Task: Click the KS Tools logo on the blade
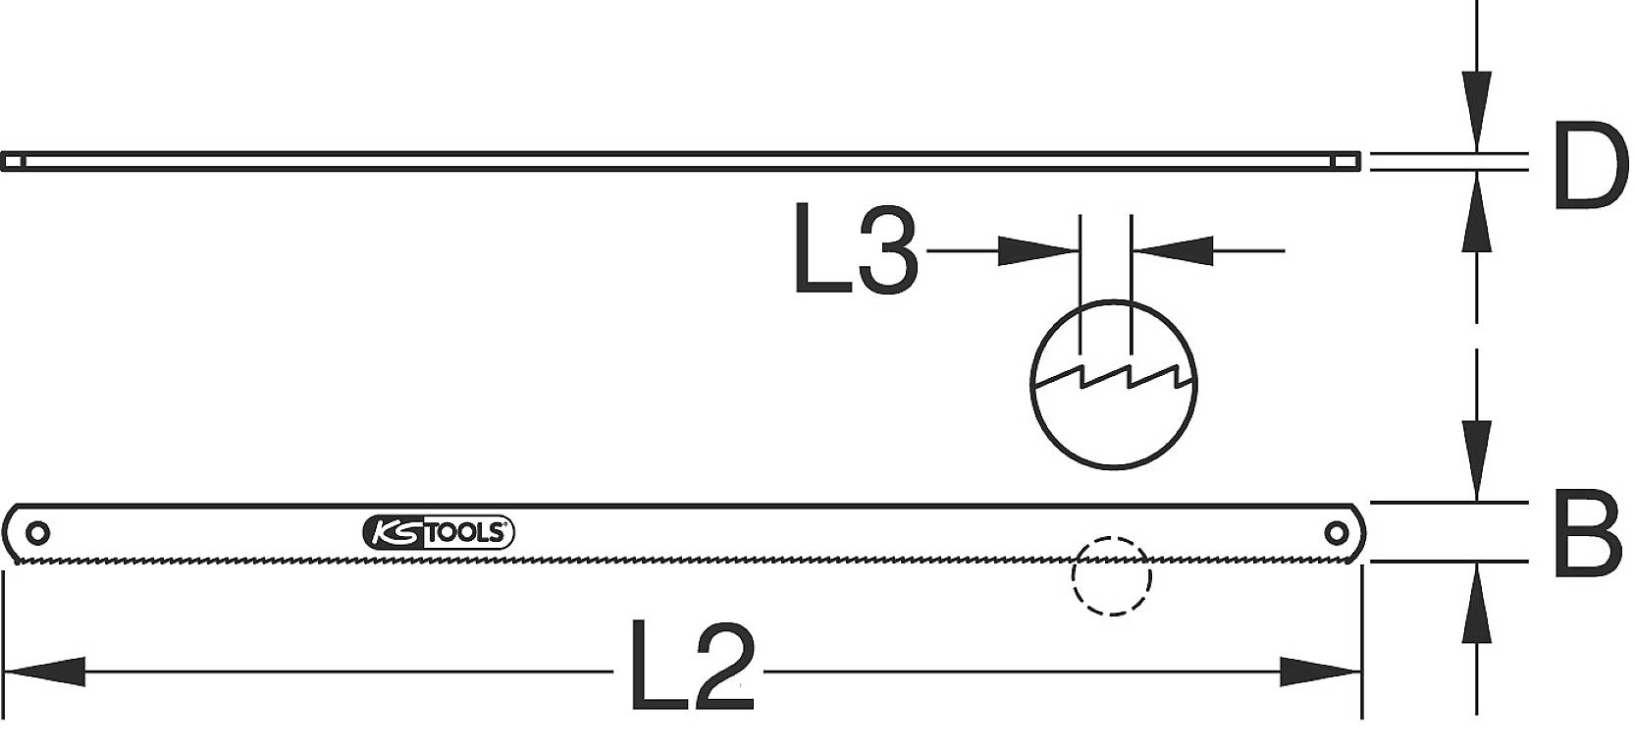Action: [x=439, y=533]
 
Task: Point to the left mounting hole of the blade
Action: [x=38, y=533]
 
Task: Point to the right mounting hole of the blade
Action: [x=1336, y=533]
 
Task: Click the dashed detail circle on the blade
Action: [x=1111, y=575]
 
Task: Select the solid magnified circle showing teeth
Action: [x=1114, y=383]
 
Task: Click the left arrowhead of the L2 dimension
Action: [x=44, y=672]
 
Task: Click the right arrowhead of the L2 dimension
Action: [x=1321, y=672]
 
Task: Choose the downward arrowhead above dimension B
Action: [x=1476, y=461]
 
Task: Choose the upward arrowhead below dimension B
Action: [x=1476, y=602]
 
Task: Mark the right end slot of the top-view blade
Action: [x=1350, y=161]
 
